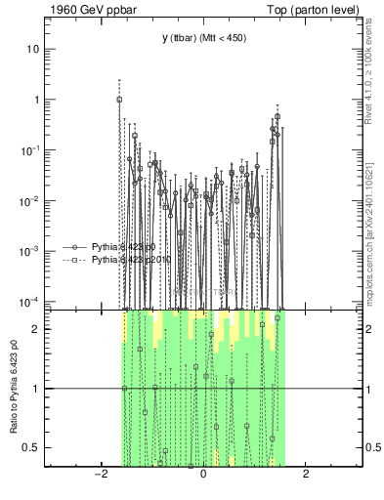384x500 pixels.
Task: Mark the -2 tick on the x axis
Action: [x=100, y=475]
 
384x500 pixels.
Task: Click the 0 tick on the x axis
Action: [x=203, y=475]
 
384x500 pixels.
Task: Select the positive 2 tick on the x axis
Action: [x=306, y=475]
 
